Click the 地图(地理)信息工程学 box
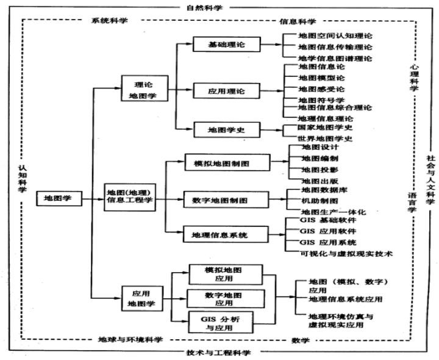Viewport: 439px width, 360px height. (x=129, y=193)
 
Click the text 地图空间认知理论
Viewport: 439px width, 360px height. (x=335, y=37)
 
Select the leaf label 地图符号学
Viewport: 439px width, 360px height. (x=321, y=99)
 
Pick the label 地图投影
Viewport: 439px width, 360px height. (x=319, y=169)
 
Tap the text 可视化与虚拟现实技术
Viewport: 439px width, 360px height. (x=346, y=253)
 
